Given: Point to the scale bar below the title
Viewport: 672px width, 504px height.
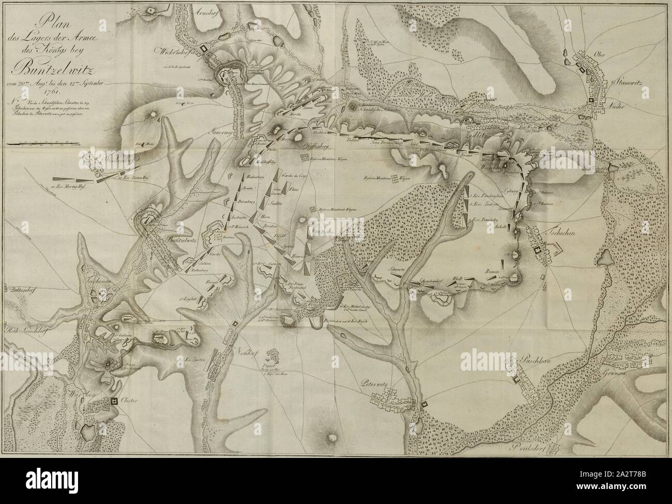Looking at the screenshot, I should point(41,143).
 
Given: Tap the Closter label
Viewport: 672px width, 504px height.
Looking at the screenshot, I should point(130,401).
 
